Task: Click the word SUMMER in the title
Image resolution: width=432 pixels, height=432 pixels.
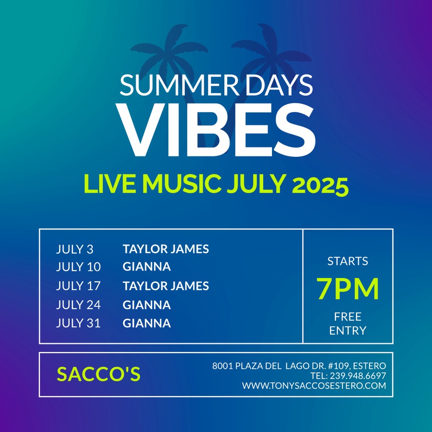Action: (180, 85)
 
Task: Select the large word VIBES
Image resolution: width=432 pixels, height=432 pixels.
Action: (216, 130)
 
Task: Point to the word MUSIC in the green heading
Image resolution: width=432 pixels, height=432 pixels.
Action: (182, 184)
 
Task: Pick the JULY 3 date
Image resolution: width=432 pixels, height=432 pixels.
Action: (75, 249)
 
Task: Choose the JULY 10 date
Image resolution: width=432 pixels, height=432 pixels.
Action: (78, 267)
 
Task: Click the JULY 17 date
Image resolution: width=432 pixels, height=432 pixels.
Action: (78, 286)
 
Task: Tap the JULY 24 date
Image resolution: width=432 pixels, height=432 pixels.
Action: (78, 305)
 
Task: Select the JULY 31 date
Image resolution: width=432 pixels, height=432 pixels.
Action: (78, 323)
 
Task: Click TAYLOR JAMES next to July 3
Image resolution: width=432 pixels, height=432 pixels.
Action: (166, 249)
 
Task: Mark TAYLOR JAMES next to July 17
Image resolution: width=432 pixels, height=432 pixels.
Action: (166, 286)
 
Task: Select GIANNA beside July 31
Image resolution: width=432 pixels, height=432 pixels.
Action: (147, 323)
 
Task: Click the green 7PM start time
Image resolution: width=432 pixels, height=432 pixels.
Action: (348, 289)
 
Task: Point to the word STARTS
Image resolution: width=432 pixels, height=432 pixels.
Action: (348, 261)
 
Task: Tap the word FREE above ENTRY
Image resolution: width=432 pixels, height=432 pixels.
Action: (348, 317)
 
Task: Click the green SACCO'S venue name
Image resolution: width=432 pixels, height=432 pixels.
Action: (98, 374)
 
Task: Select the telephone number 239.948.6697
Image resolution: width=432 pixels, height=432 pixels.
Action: (358, 376)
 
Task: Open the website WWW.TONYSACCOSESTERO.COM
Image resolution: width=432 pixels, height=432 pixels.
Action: (314, 386)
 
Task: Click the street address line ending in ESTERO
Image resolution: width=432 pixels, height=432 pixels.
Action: (299, 366)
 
